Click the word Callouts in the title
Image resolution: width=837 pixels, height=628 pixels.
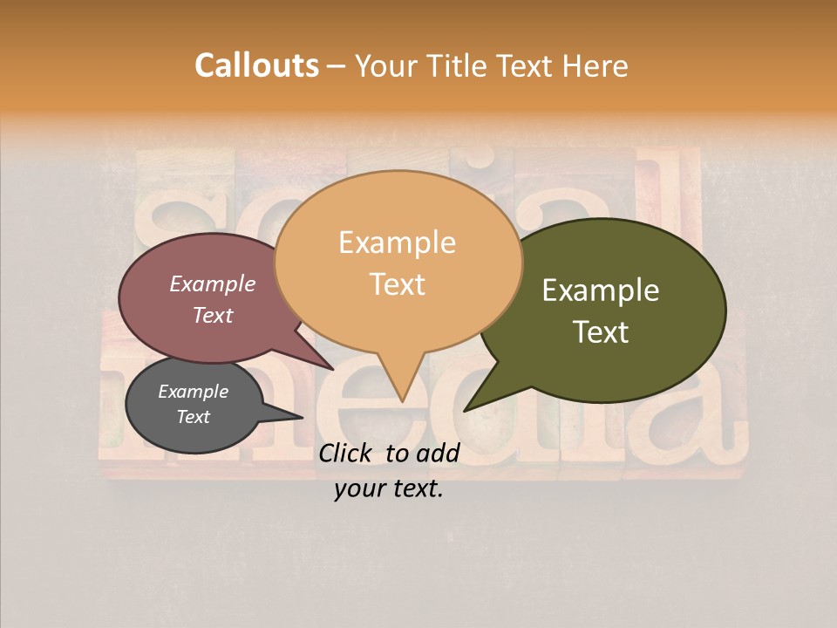(x=256, y=65)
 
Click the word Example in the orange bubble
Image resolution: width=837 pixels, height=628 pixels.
(x=397, y=242)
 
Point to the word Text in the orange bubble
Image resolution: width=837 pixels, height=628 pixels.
(x=397, y=283)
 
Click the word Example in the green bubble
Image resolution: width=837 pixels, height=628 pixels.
(x=601, y=290)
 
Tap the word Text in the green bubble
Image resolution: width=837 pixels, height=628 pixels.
(x=601, y=331)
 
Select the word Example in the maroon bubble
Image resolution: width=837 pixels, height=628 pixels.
(x=212, y=283)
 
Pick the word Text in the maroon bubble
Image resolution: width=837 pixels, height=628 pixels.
(x=212, y=315)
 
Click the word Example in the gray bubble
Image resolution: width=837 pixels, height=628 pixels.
(x=193, y=392)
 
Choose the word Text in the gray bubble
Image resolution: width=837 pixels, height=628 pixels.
(x=193, y=417)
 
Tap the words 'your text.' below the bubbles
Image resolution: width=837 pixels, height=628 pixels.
(x=389, y=488)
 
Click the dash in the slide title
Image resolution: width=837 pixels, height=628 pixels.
(x=337, y=66)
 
